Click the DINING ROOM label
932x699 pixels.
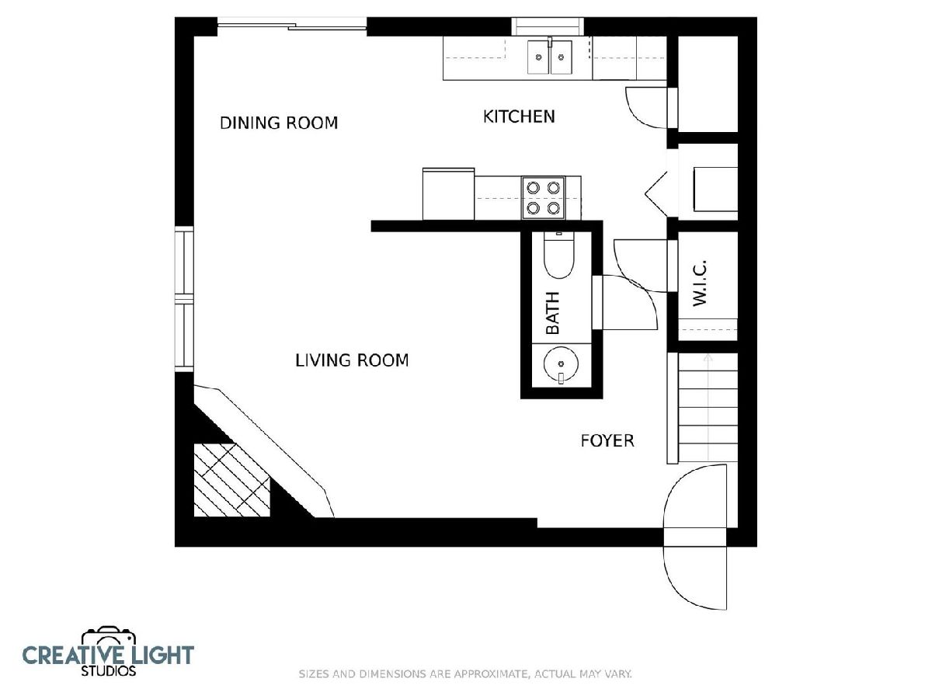click(x=279, y=123)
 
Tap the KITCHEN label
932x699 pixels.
click(x=519, y=116)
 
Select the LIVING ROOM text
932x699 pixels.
click(x=352, y=360)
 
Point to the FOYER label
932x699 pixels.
click(x=607, y=441)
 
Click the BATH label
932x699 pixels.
click(x=552, y=313)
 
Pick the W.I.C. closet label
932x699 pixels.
click(x=699, y=283)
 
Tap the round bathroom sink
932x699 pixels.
click(x=561, y=363)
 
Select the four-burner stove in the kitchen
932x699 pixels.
click(x=543, y=198)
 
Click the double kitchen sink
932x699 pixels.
click(x=550, y=57)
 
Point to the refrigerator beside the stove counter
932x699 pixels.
click(x=448, y=194)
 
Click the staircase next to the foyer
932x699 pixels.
click(x=708, y=409)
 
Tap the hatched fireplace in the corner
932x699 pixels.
click(x=231, y=480)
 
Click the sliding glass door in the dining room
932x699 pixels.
click(x=292, y=26)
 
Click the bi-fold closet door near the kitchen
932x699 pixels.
click(x=656, y=194)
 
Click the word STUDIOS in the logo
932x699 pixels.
click(x=109, y=671)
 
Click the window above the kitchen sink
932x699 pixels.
click(x=548, y=26)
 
